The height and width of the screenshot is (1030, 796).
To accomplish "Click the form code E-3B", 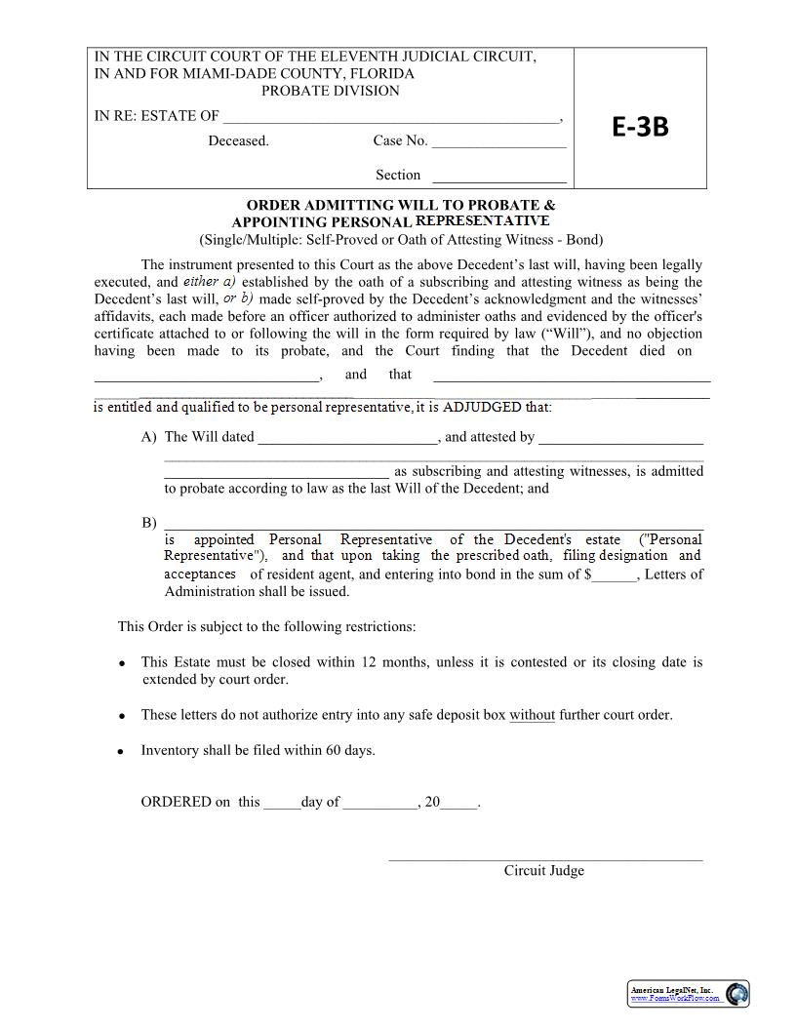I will click(640, 127).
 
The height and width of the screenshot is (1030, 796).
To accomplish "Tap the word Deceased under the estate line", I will click(238, 140).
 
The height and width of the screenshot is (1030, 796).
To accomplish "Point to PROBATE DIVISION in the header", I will click(330, 91).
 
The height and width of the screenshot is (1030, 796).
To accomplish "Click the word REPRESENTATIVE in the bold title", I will click(483, 220).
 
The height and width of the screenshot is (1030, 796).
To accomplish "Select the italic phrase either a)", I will click(210, 281).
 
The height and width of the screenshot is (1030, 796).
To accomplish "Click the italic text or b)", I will click(238, 298).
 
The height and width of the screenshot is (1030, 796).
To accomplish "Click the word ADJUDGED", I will click(482, 407).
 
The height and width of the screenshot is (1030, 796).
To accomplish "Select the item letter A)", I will click(148, 437).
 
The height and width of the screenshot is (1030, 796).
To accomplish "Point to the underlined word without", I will click(532, 715).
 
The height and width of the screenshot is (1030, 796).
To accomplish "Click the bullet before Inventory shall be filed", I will click(121, 751).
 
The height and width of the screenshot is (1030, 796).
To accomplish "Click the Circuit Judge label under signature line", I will click(543, 870).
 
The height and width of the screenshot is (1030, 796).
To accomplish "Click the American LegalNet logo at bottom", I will click(688, 994).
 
